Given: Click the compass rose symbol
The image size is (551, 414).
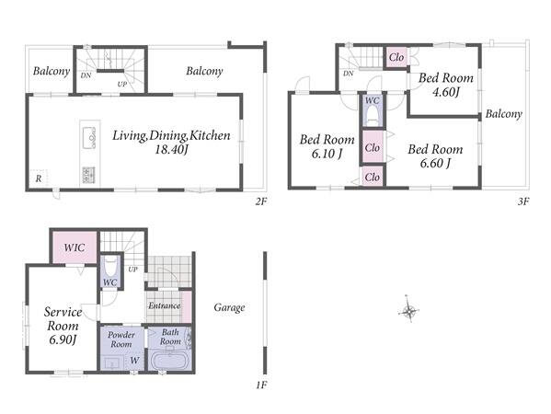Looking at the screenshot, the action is (x=409, y=310).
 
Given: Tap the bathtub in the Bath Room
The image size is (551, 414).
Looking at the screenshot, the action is (x=170, y=361).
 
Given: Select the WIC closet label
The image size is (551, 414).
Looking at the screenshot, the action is (x=75, y=247).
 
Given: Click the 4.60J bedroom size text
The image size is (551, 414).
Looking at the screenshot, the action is (x=446, y=92).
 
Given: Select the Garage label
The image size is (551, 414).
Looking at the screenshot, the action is (x=229, y=308).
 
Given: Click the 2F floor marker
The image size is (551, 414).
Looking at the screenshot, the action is (x=261, y=201).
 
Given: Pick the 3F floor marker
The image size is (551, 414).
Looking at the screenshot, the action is (x=523, y=201).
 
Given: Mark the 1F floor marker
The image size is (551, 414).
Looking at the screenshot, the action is (x=261, y=385).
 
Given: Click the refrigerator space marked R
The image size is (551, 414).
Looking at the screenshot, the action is (x=39, y=178).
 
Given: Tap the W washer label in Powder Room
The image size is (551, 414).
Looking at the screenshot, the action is (x=134, y=361).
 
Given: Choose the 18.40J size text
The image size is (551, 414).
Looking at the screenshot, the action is (x=172, y=150).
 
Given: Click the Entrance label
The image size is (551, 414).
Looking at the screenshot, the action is (x=164, y=305).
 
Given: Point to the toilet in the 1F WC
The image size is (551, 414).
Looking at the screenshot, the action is (x=110, y=267).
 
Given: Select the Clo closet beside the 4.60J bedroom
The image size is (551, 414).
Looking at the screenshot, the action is (x=396, y=57).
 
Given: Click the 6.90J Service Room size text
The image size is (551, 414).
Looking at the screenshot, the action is (x=63, y=340).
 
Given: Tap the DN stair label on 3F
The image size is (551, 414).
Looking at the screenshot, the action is (x=349, y=74).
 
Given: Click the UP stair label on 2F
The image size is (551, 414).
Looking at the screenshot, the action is (x=122, y=85).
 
